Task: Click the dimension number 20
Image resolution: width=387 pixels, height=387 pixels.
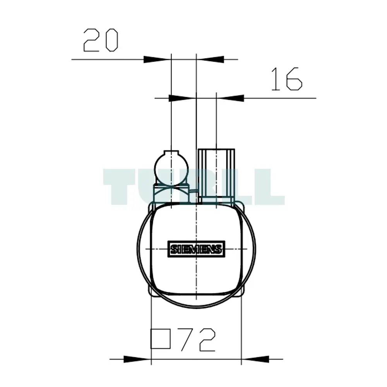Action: coord(101,40)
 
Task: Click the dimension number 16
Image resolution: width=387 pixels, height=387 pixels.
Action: coord(287,79)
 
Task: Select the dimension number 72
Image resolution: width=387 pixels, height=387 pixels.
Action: coord(198,340)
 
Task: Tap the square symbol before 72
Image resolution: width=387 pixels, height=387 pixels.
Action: coord(161,339)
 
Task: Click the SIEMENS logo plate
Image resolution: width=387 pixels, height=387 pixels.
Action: coord(196,249)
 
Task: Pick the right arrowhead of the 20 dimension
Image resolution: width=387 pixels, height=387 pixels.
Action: coord(210,60)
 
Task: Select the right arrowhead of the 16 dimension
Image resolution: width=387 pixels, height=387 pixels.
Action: coord(230,98)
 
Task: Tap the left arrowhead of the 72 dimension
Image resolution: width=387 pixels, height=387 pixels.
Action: coord(137,359)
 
